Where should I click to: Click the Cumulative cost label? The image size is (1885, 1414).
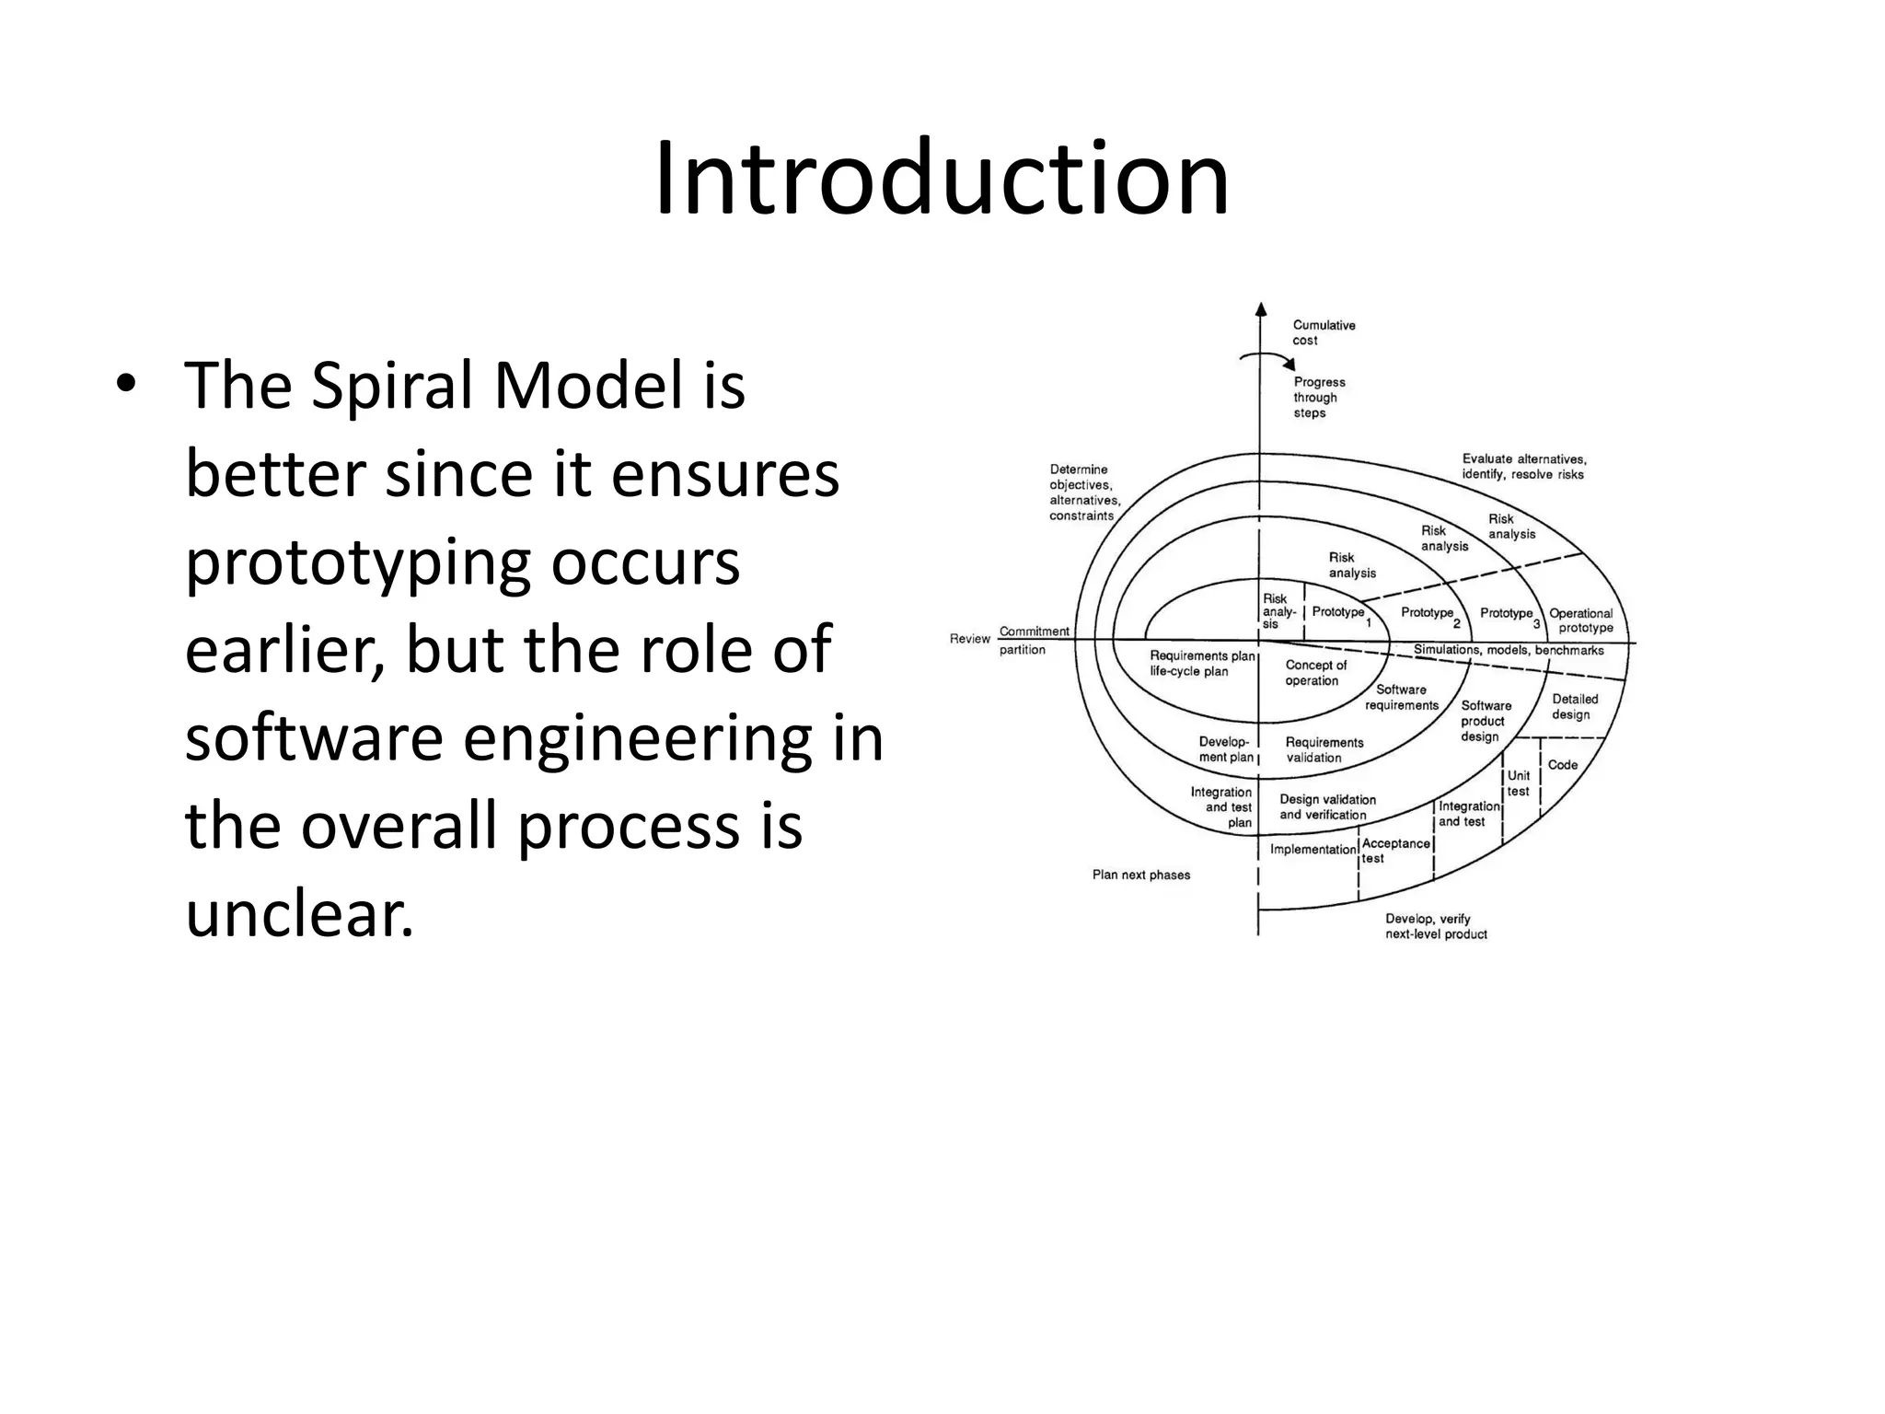coord(1323,332)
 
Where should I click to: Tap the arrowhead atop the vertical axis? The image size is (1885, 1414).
coord(1261,309)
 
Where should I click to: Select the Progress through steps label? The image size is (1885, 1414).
coord(1318,398)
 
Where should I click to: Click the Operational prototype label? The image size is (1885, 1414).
coord(1581,620)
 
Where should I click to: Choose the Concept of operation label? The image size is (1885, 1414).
coord(1314,673)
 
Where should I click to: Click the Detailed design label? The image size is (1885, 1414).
coord(1574,707)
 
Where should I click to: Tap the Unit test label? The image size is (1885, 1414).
coord(1518,783)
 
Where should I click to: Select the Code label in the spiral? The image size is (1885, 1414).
coord(1562,765)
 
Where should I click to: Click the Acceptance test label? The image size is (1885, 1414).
coord(1394,851)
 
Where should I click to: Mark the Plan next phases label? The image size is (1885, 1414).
coord(1140,875)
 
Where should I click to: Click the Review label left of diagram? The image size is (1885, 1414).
coord(969,639)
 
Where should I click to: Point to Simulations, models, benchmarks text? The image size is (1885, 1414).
coord(1508,651)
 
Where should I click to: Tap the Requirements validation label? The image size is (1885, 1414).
coord(1323,750)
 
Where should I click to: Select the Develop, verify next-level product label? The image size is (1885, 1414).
coord(1435,926)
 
